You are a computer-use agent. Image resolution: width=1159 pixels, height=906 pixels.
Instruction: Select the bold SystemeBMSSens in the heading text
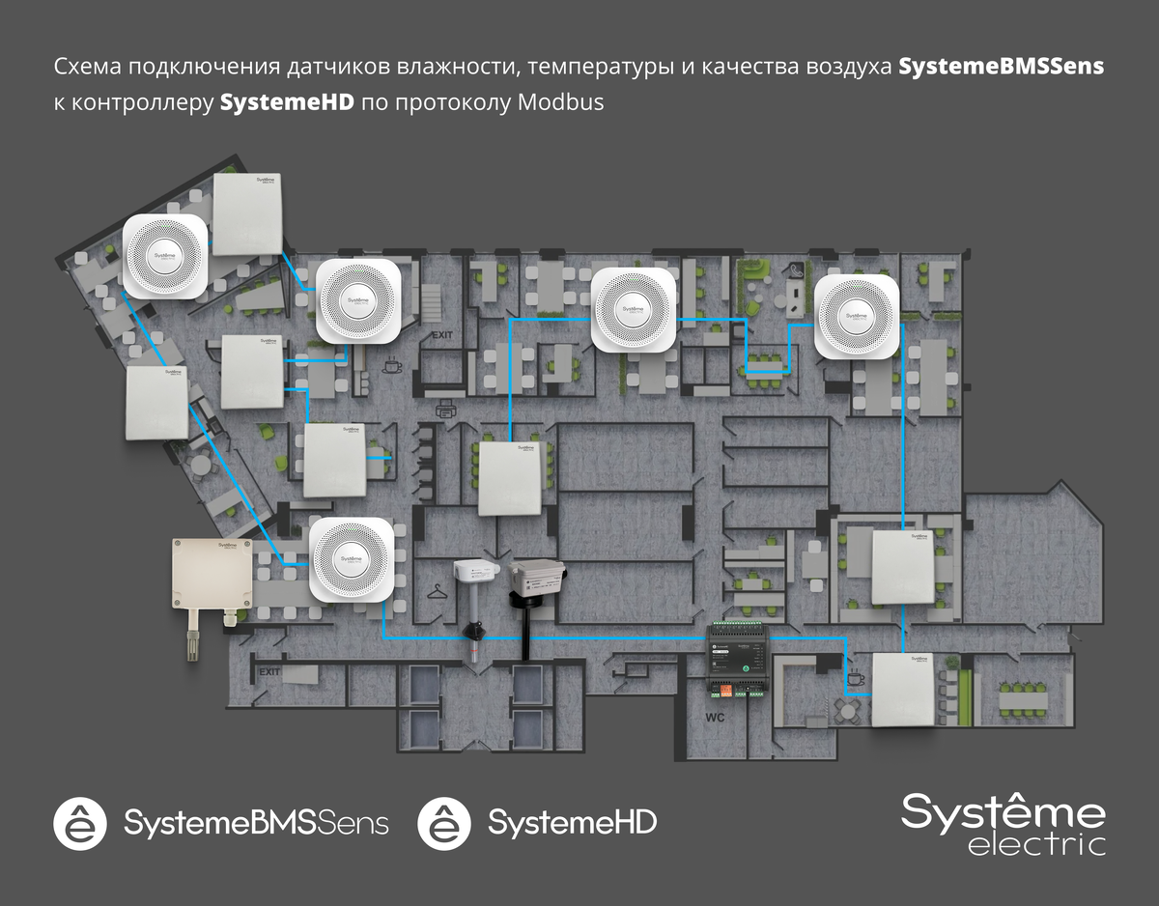(1001, 68)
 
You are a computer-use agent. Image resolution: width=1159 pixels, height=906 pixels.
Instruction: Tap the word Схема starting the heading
(88, 68)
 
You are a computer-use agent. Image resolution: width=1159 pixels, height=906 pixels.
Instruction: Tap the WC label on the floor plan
(715, 719)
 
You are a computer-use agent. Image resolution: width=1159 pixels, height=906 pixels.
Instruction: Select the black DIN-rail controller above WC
(742, 659)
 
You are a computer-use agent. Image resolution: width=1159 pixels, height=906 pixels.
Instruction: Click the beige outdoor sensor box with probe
(212, 580)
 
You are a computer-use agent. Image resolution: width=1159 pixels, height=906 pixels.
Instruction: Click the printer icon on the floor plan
(446, 412)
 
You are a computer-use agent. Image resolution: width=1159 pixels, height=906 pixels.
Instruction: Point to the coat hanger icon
(438, 589)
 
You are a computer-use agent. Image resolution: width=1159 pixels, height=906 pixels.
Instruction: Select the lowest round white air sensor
(352, 560)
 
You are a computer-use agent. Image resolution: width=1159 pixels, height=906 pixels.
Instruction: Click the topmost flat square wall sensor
(247, 213)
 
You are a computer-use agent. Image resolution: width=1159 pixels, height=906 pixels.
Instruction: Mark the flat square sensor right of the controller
(906, 689)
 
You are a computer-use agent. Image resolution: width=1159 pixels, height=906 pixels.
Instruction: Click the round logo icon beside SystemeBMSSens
(80, 823)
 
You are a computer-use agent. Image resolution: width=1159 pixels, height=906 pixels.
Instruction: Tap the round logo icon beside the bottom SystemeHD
(444, 823)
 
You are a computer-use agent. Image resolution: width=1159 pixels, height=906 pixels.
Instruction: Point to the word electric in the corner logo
(1036, 843)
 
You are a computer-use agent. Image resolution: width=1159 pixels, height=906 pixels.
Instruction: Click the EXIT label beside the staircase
(443, 335)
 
